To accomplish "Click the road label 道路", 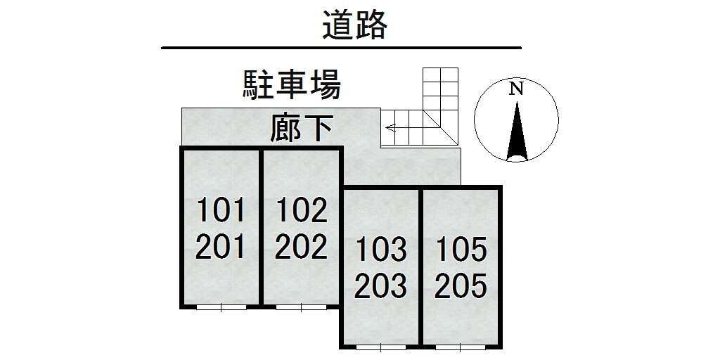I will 355,26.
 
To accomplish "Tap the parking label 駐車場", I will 292,84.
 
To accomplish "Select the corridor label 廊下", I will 301,129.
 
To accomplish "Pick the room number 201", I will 221,247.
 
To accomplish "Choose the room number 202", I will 301,247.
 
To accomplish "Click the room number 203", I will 381,286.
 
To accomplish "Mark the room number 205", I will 461,286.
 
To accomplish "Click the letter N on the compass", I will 517,89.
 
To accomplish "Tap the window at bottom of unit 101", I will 221,307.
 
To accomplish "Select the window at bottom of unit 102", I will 301,307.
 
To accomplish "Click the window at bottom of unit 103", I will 381,347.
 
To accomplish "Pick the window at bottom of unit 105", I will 461,347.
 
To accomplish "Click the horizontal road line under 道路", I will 341,48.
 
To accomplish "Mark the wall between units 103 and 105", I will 420,267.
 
